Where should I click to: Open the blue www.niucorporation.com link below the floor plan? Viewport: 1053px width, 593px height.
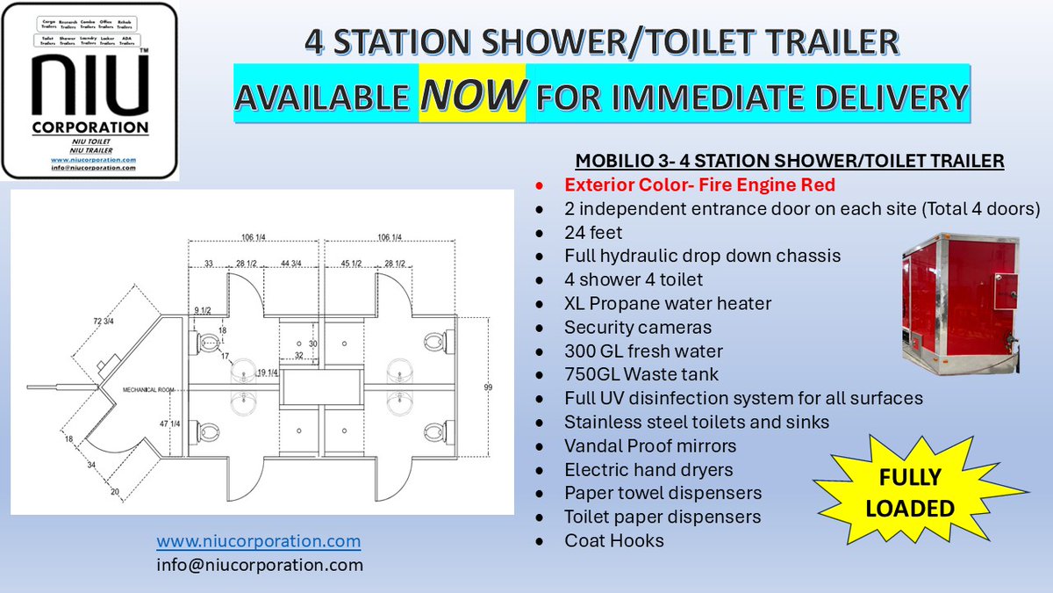click(x=259, y=540)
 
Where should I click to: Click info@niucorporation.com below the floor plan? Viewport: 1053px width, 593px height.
click(x=260, y=565)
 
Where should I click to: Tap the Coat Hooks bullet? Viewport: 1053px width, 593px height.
click(x=614, y=540)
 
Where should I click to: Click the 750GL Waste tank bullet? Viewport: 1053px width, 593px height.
click(x=640, y=374)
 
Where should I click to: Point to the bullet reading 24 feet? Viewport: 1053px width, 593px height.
click(x=595, y=233)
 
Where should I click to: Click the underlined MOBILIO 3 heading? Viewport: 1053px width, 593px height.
click(x=790, y=162)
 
